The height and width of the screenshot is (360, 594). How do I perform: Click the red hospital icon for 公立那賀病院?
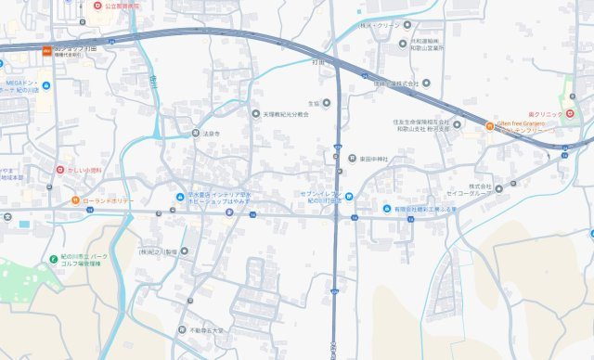pos(97,6)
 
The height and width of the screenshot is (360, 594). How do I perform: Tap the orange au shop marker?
pos(46,49)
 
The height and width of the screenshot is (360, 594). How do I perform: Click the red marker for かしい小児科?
pos(60,170)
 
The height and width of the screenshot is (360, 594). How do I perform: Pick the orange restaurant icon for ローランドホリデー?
pos(75,200)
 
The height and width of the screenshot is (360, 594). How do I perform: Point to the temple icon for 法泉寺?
pos(196,133)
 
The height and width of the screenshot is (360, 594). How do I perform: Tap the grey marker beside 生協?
pos(327,103)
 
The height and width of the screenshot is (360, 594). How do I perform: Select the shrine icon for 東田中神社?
pos(353,158)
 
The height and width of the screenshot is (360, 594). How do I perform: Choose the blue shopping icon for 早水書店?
pos(182,195)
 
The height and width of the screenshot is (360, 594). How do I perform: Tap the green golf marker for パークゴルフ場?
pos(53,256)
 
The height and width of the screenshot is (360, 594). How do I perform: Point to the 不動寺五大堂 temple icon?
pos(181,329)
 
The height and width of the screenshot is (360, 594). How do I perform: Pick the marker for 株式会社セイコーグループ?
pos(500,187)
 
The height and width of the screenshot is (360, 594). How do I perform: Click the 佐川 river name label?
pos(151,82)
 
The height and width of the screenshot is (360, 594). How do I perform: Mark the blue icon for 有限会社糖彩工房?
pos(388,209)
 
